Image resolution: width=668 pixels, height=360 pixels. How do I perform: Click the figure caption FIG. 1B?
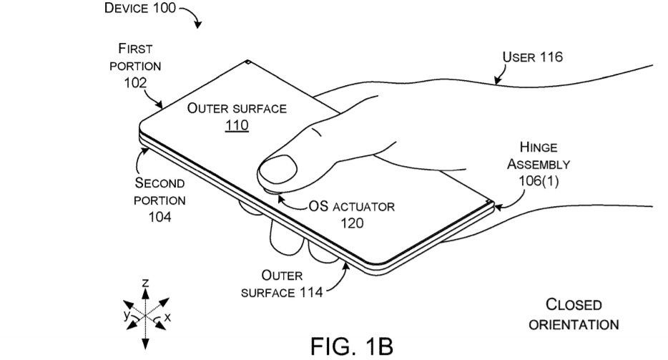(x=351, y=346)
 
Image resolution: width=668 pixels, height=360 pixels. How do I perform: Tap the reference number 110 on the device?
(x=236, y=127)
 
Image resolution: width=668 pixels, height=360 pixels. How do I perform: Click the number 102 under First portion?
(x=134, y=82)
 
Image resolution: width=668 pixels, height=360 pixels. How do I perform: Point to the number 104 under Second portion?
(x=159, y=216)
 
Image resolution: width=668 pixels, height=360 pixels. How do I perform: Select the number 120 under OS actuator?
(x=352, y=223)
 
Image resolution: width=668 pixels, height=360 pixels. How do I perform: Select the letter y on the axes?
(x=125, y=313)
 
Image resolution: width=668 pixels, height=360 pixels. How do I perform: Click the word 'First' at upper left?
(x=135, y=49)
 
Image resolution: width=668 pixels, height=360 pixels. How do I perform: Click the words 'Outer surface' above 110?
(x=237, y=109)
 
